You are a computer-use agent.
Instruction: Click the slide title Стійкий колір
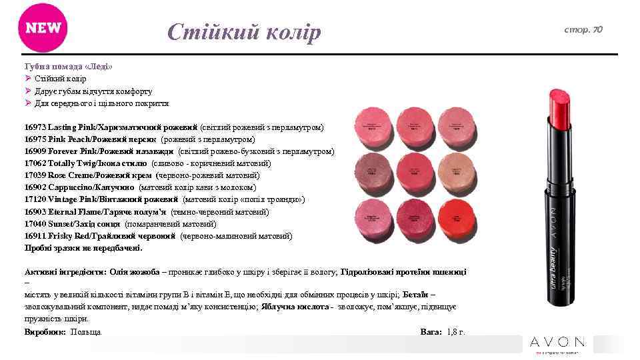[x=244, y=31]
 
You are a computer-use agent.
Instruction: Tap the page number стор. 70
[x=583, y=30]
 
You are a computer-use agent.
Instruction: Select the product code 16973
[x=35, y=127]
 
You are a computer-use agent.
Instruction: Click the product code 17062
[x=35, y=163]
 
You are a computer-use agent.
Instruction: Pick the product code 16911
[x=35, y=236]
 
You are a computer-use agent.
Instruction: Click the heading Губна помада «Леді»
[x=69, y=67]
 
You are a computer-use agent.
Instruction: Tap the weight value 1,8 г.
[x=456, y=331]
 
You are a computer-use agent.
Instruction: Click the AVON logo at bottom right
[x=557, y=343]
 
